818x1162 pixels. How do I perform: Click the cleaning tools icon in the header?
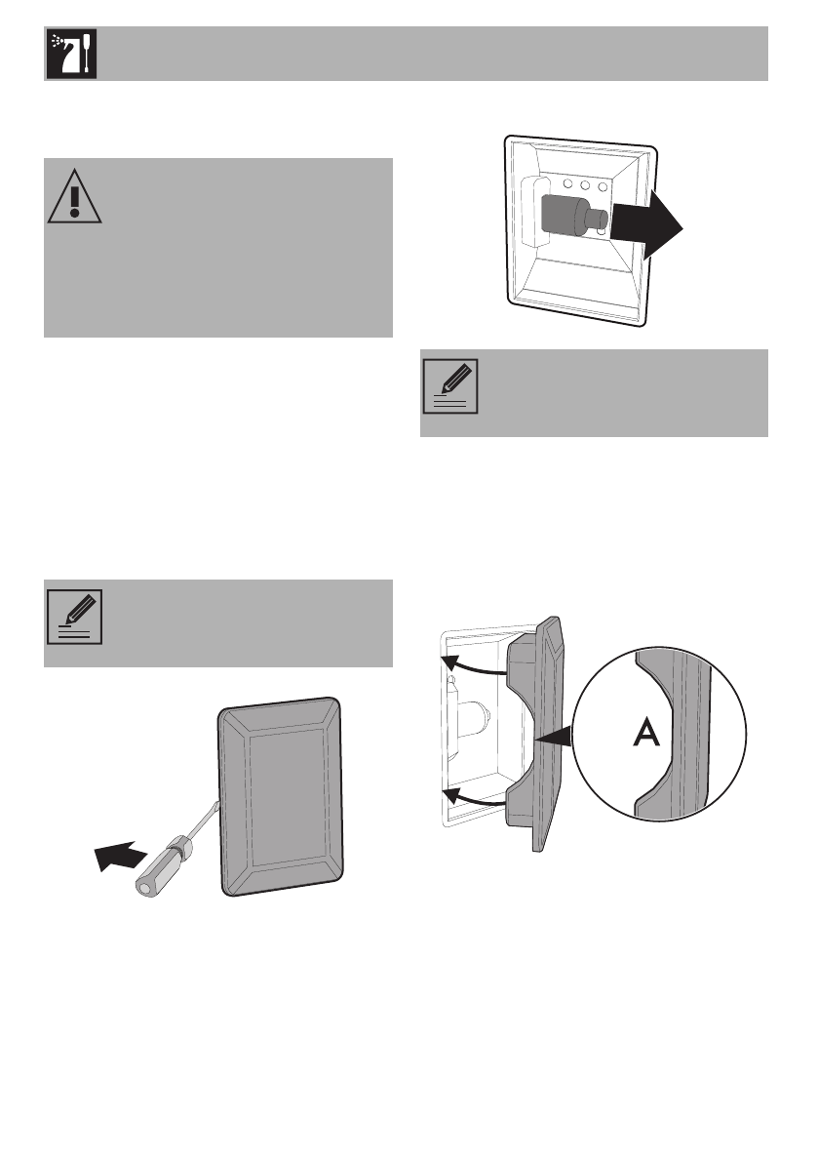[69, 54]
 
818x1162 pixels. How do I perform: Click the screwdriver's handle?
[167, 860]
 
